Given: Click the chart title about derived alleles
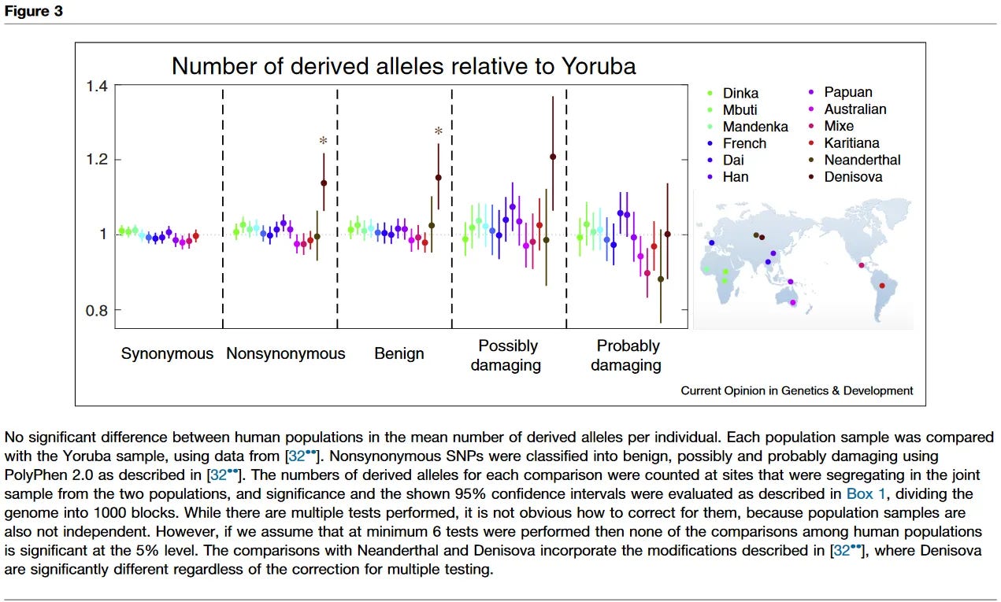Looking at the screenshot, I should (403, 65).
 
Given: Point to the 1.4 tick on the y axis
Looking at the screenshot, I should (97, 86).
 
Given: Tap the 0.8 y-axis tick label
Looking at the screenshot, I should (97, 309).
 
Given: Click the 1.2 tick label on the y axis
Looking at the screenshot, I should (97, 161).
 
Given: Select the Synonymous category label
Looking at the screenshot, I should (167, 354).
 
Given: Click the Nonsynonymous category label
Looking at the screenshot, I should (285, 354).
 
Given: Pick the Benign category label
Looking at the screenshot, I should (399, 354).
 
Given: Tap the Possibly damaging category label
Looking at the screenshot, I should (508, 355).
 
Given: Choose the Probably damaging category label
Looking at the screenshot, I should (627, 355).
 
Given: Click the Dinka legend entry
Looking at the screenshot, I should (740, 94).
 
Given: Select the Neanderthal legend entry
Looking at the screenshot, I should (862, 160).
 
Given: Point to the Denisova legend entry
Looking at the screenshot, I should (853, 177).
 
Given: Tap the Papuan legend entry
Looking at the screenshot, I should (847, 92).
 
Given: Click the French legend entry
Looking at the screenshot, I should (744, 143).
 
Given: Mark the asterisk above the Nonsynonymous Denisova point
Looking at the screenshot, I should (323, 142).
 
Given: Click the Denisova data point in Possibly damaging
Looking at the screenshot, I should (553, 157).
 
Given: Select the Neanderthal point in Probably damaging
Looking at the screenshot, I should (661, 279).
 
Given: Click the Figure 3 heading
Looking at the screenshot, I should (33, 11).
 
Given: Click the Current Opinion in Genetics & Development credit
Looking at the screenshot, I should (796, 390).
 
